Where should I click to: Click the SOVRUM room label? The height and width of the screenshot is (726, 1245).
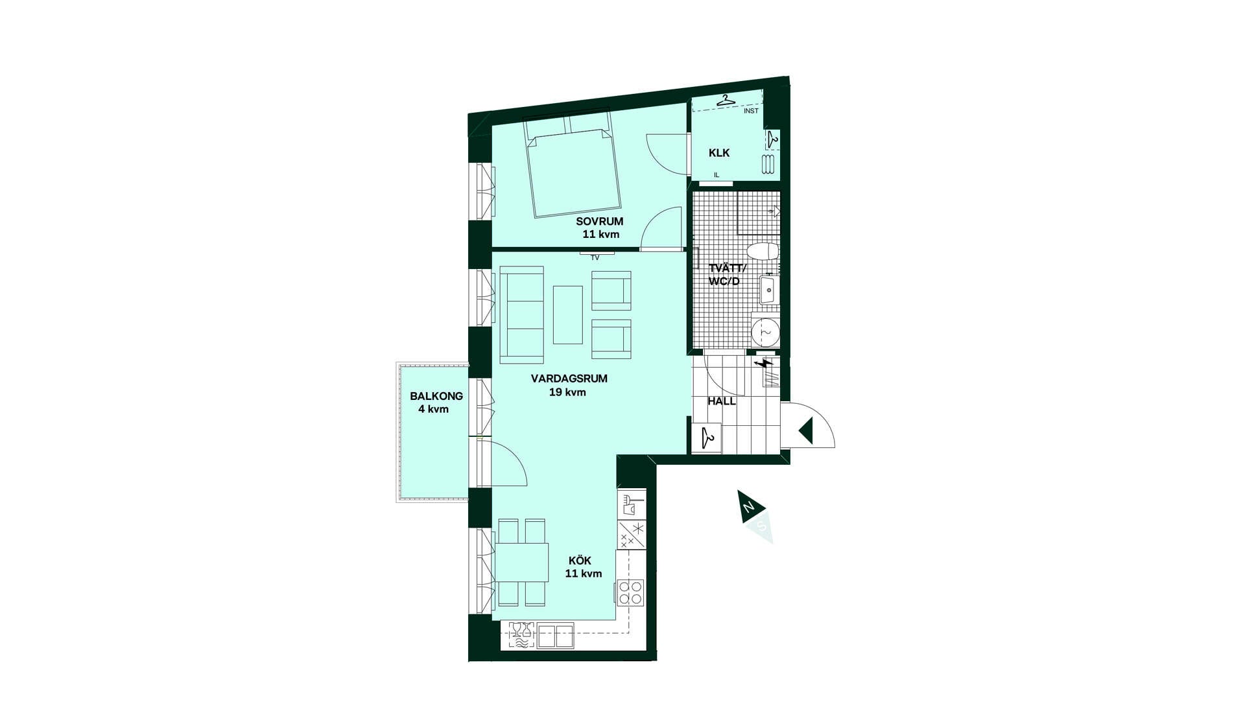599,222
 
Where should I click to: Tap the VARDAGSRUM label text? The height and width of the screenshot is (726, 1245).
569,379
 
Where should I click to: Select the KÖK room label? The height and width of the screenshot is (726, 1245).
580,561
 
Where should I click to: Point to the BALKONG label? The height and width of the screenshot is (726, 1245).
436,396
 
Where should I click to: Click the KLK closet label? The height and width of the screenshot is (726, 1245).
719,153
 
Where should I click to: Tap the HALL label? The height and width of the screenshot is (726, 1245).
721,401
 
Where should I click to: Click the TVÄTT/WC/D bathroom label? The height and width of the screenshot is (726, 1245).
726,275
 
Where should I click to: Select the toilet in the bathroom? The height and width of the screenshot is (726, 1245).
763,251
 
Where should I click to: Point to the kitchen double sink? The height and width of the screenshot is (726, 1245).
556,635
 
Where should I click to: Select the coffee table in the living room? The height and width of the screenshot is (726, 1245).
568,314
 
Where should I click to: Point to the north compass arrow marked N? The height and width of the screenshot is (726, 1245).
750,507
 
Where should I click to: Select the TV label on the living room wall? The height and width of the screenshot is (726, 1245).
595,258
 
